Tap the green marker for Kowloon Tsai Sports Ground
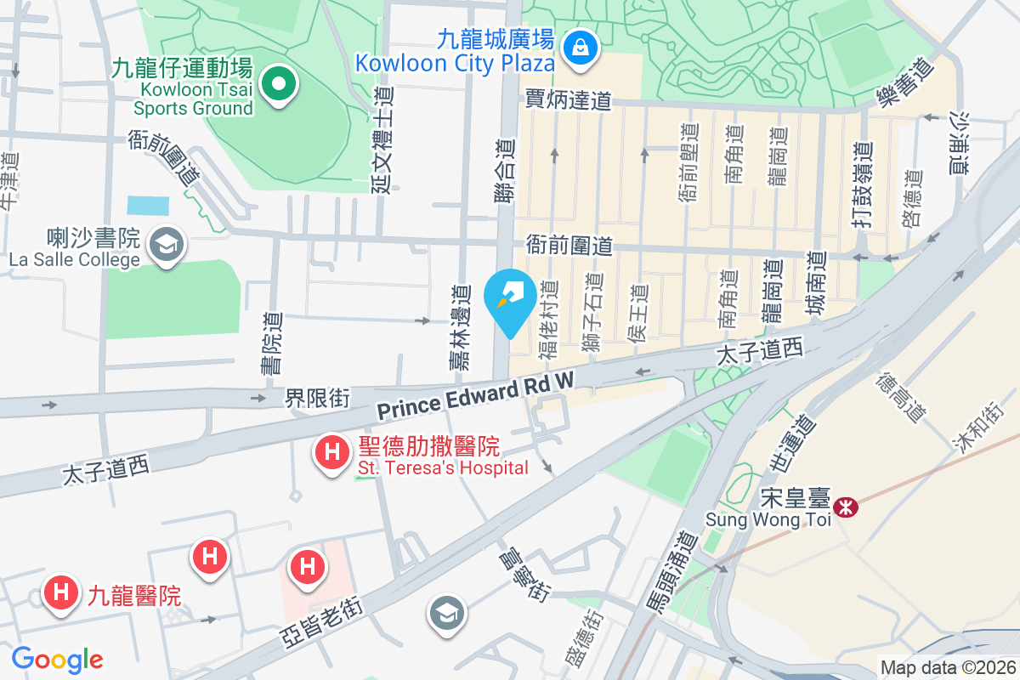coord(278,84)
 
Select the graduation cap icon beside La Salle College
coord(167,246)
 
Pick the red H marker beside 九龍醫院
coord(60,593)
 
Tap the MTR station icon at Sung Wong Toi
coord(846,507)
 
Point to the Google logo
coord(57,660)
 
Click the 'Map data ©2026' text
coord(947,668)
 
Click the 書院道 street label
coord(272,343)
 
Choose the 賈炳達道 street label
coord(569,101)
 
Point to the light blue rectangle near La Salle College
coord(148,206)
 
